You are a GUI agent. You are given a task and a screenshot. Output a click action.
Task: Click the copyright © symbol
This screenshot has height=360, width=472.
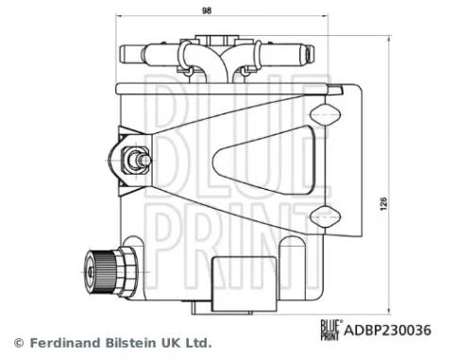click(x=18, y=342)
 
